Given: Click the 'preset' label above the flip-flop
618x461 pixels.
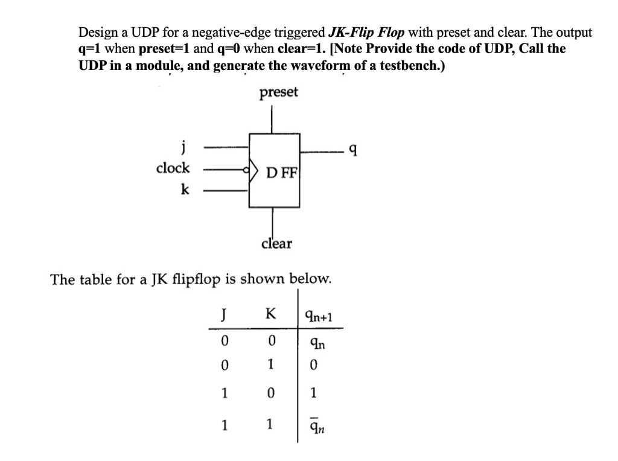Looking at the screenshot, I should (278, 93).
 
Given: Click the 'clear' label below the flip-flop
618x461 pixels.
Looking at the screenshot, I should (276, 244).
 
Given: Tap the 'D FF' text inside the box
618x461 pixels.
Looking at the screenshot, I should (282, 173).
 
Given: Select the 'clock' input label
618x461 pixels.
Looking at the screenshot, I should (173, 168).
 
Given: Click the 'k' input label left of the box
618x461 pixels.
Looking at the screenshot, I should (184, 190).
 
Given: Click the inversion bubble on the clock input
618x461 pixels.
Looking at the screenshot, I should (246, 171).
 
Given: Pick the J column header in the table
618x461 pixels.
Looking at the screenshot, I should (223, 314).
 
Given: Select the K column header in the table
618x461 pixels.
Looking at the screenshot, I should (271, 314).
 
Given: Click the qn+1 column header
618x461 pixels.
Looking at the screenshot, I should (319, 316).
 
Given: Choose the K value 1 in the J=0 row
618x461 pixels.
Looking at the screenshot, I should (271, 365).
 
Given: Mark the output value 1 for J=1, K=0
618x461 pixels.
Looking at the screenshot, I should (312, 394).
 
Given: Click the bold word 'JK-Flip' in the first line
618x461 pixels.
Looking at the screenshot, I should (352, 33).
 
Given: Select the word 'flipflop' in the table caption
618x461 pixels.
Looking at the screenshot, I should (196, 279).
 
